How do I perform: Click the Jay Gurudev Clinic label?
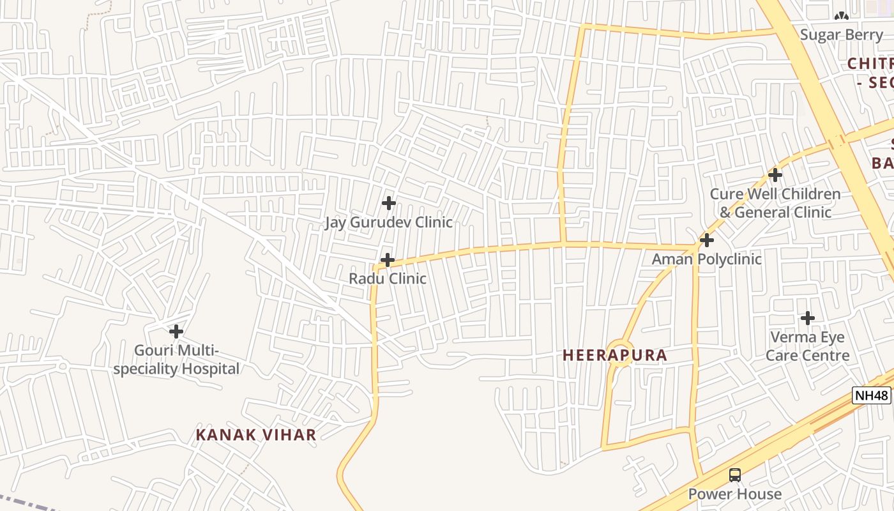coord(388,222)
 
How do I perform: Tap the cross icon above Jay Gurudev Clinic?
coord(388,203)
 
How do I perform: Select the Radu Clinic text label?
coord(387,278)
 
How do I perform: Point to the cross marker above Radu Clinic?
coord(387,260)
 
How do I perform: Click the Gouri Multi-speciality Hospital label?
coord(176,360)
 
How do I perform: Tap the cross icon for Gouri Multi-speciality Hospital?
coord(176,332)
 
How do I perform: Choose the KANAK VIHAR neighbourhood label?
coord(255,435)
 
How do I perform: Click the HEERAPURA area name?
coord(614,355)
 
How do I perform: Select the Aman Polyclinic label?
coord(706,259)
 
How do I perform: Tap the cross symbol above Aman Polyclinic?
coord(706,240)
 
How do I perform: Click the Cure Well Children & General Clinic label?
coord(775,203)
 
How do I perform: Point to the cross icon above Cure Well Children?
coord(775,174)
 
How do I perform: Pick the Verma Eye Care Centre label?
coord(808,346)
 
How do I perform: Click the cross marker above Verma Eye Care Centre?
coord(808,317)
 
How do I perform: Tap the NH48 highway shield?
coord(872,395)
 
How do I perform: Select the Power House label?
coord(734,494)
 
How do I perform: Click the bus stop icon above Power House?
coord(735,475)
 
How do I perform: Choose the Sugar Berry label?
coord(841,34)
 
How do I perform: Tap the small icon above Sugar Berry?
coord(841,15)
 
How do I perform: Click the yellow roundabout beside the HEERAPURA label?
coord(619,353)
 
